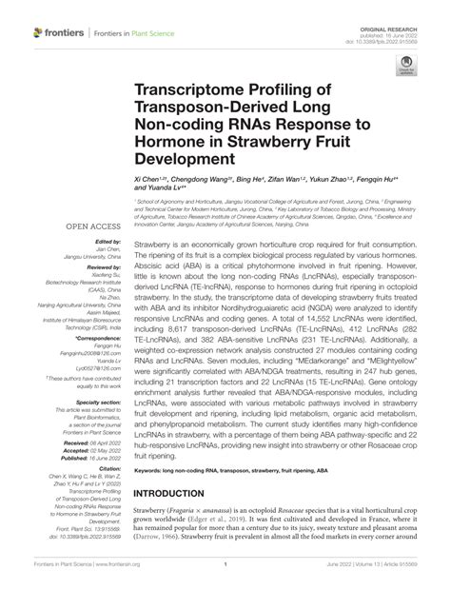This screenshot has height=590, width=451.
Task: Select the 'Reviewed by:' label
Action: click(103, 268)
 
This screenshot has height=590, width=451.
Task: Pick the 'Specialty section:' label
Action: click(99, 403)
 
